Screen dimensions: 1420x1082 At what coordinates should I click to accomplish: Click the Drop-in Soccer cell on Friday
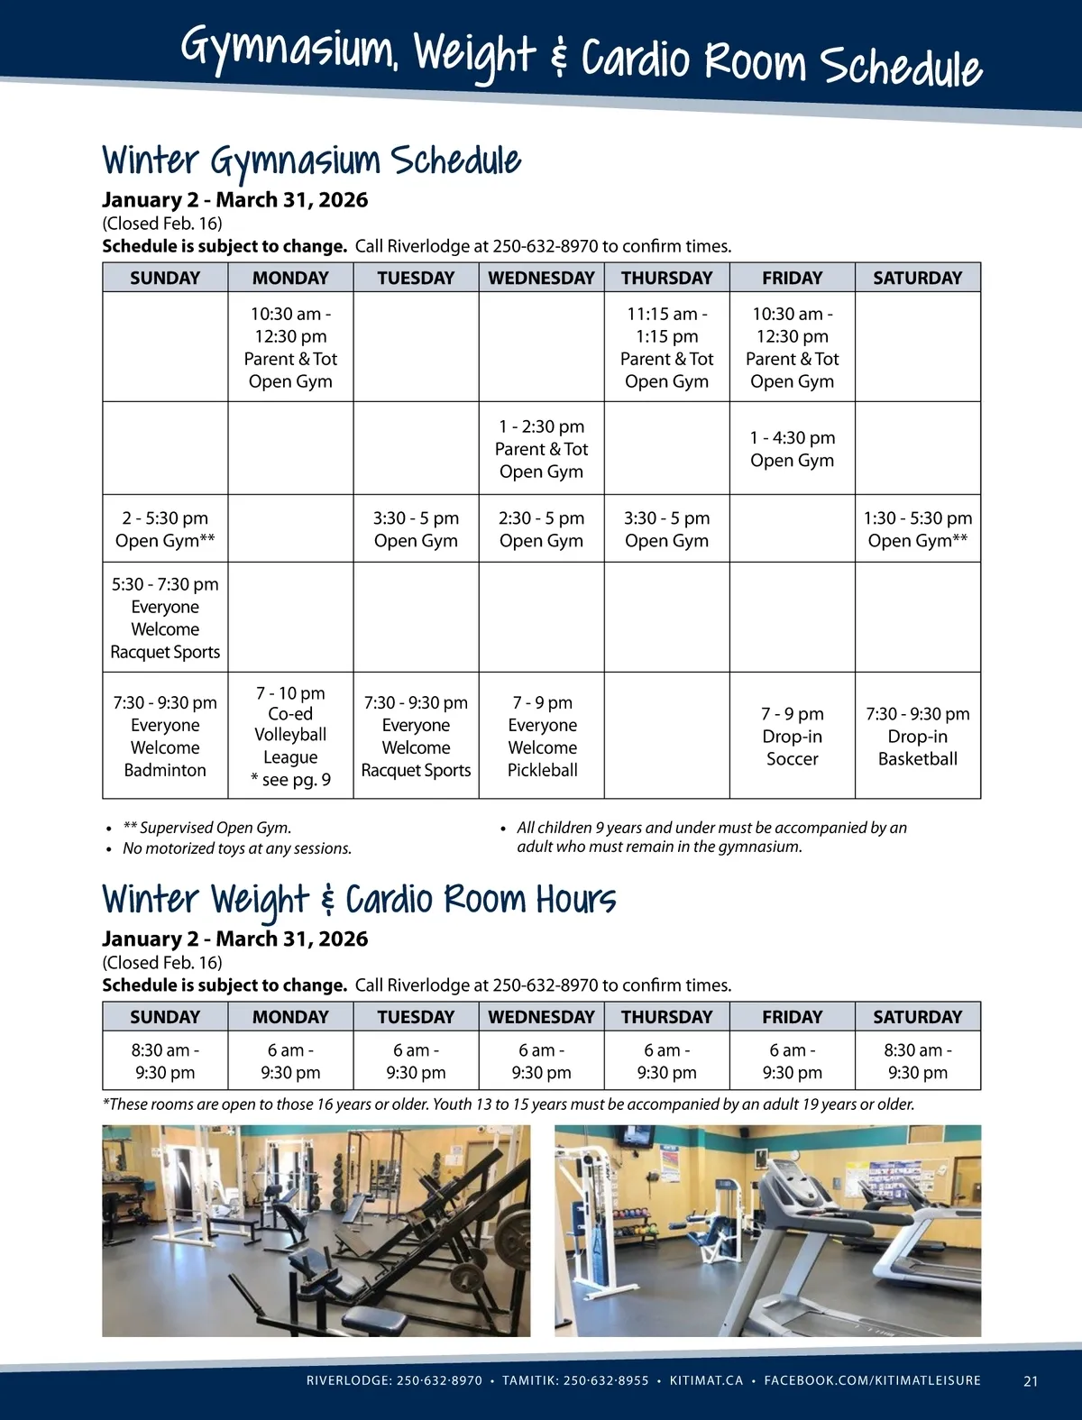[x=792, y=736]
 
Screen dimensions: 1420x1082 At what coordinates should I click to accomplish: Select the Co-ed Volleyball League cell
[x=290, y=736]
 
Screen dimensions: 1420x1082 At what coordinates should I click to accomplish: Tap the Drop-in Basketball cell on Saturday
[x=917, y=736]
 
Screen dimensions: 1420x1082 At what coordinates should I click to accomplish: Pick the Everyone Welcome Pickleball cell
[x=542, y=736]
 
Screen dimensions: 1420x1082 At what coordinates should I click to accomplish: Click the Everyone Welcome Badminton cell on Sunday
[x=165, y=736]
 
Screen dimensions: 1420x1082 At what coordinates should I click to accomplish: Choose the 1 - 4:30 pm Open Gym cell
[x=792, y=448]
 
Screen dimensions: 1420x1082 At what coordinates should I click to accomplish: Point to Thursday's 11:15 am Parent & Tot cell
[x=666, y=347]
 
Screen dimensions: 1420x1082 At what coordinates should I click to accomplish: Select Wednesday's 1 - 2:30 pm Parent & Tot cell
[x=541, y=448]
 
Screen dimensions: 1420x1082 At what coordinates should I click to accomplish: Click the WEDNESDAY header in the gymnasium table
[x=541, y=278]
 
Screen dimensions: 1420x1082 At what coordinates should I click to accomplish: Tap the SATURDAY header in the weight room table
[x=917, y=1016]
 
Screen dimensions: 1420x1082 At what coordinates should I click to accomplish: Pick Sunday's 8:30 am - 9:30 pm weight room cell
[x=165, y=1061]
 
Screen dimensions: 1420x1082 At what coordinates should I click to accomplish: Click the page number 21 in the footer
[x=1031, y=1380]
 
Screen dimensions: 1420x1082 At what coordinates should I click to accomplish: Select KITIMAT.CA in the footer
[x=706, y=1380]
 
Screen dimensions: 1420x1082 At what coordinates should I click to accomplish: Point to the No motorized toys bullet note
[x=236, y=848]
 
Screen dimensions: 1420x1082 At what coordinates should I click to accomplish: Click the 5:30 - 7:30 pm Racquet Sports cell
[x=165, y=618]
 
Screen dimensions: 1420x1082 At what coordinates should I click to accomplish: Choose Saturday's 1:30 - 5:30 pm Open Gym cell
[x=917, y=529]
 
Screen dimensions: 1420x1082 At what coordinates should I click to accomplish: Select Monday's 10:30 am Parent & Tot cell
[x=290, y=347]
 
